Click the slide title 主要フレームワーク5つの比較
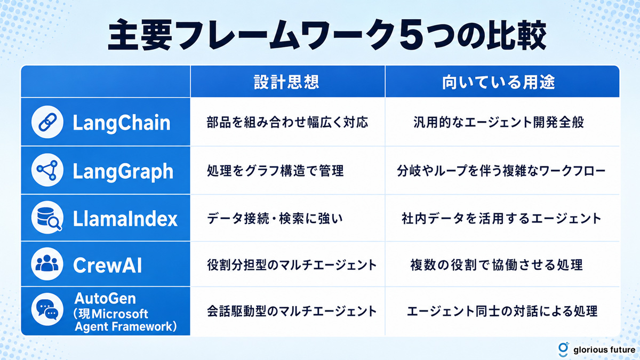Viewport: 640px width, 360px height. [326, 35]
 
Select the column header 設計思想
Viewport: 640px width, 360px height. [286, 82]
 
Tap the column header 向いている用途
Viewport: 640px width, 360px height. [498, 82]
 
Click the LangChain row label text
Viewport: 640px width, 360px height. [122, 123]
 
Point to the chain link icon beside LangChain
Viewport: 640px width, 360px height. [47, 122]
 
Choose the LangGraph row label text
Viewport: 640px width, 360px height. [123, 171]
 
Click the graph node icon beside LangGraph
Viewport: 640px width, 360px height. [47, 170]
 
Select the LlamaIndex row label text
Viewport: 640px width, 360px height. [125, 219]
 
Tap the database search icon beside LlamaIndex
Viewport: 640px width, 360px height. [47, 218]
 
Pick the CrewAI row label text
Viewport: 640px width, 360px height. [107, 265]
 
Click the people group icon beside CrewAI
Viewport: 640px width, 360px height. [47, 263]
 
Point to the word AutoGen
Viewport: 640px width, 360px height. [105, 299]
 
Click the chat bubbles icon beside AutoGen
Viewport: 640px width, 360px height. [47, 309]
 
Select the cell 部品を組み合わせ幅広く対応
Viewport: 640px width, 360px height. [287, 122]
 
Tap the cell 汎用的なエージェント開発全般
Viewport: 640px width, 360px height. [499, 122]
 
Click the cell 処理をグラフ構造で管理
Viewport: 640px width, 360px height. [275, 171]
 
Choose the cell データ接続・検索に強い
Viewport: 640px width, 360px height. [275, 219]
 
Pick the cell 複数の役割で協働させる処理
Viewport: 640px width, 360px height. [497, 265]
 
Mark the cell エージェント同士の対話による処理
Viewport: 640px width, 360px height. [502, 311]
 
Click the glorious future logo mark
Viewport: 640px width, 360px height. [563, 349]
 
